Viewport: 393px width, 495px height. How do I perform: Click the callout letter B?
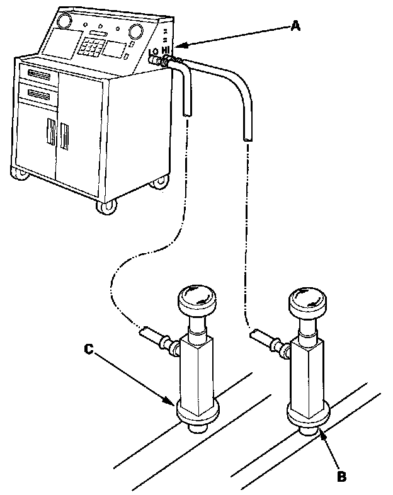click(341, 477)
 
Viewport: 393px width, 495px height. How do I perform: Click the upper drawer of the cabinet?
click(38, 76)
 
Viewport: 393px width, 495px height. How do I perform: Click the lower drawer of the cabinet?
click(38, 96)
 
